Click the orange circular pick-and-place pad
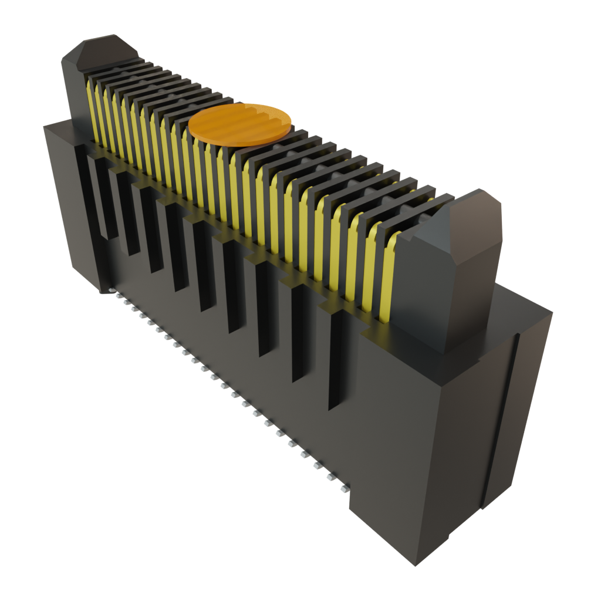click(x=240, y=123)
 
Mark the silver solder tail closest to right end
click(x=343, y=488)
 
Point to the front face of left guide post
click(x=76, y=88)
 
